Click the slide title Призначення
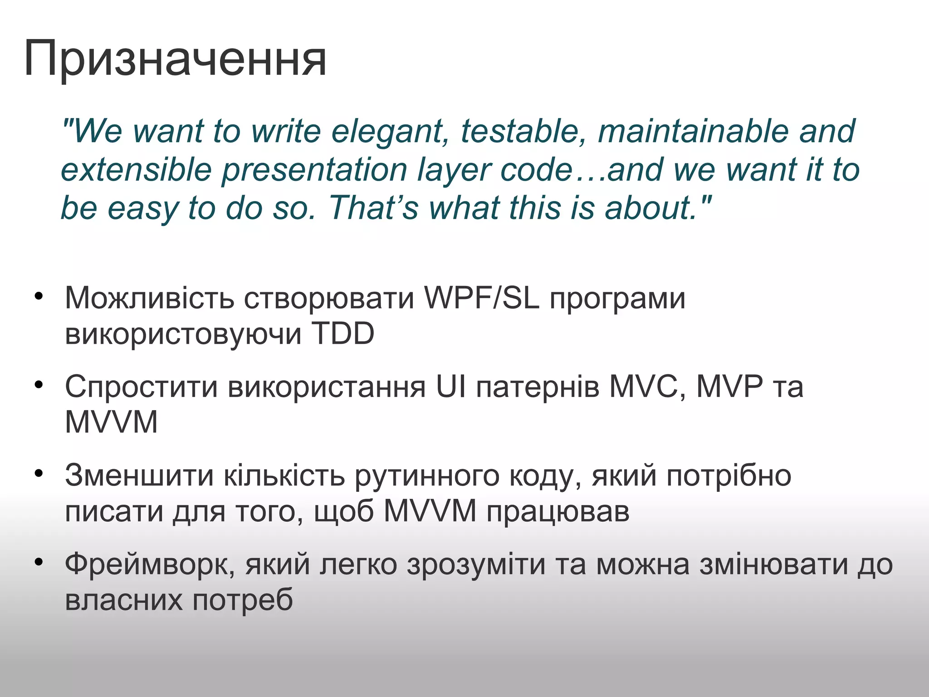click(x=175, y=59)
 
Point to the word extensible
click(x=136, y=170)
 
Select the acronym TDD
click(x=342, y=334)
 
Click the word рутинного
click(x=427, y=476)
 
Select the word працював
click(x=558, y=512)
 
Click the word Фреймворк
click(x=150, y=565)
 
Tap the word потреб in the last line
click(x=243, y=600)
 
